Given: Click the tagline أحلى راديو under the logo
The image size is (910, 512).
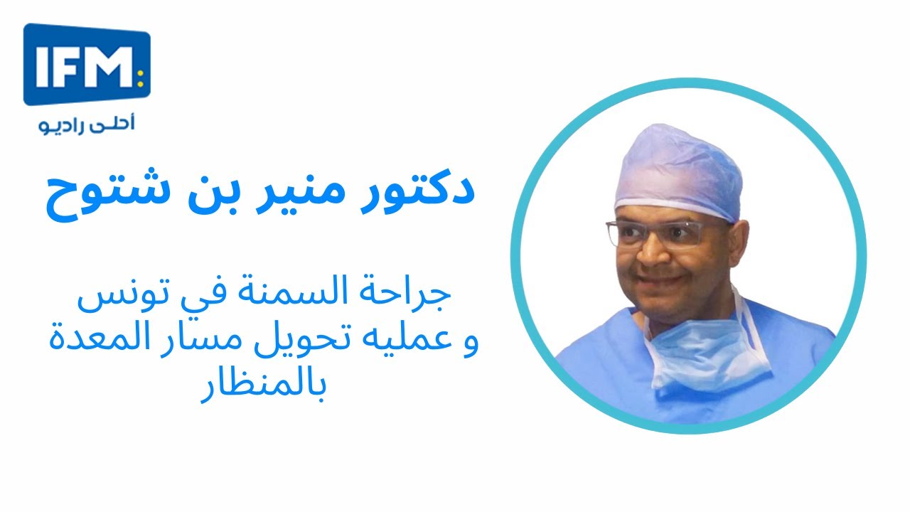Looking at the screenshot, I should click(x=87, y=124).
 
